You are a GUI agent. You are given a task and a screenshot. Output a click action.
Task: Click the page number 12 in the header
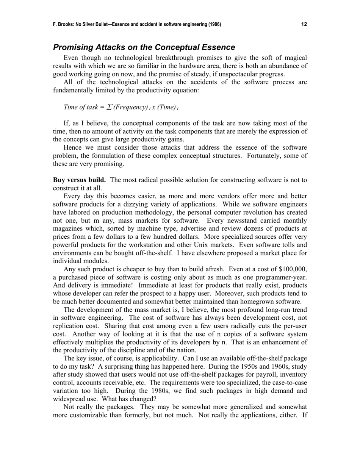tap(304, 25)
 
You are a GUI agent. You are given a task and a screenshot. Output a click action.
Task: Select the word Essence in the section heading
tap(218, 47)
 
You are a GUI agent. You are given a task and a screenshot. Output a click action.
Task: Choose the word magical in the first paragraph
tap(295, 58)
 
